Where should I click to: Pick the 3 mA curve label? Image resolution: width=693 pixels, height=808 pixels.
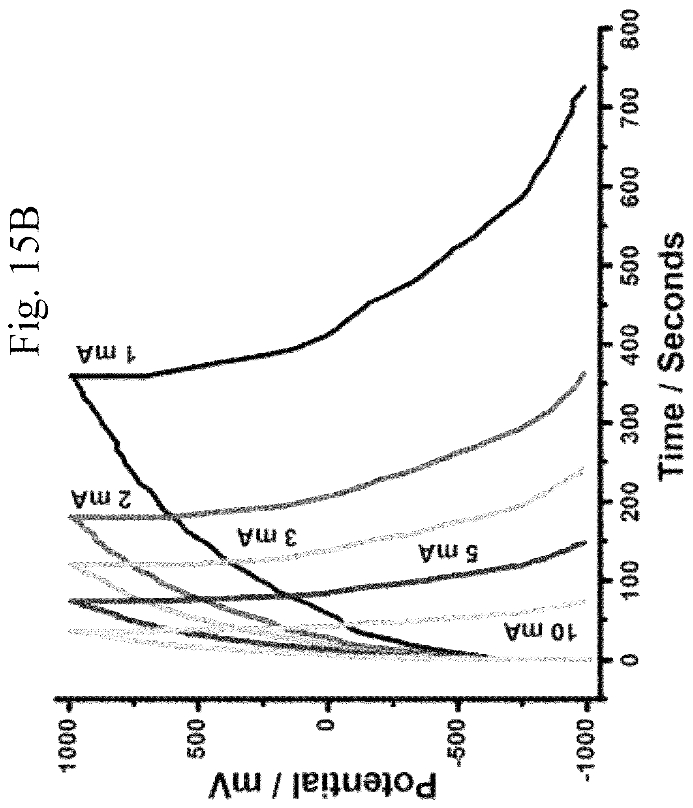click(266, 536)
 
